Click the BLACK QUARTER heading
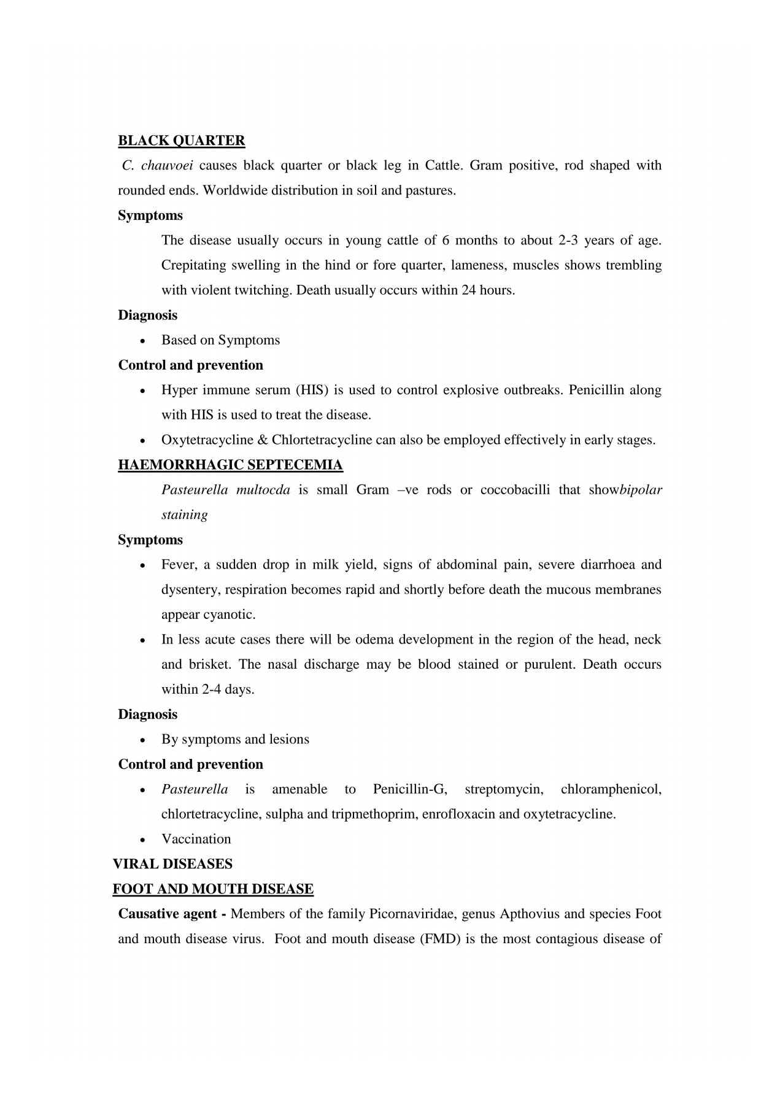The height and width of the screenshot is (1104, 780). [182, 141]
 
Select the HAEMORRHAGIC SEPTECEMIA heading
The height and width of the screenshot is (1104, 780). [230, 465]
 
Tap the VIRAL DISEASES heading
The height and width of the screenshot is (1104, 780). [172, 864]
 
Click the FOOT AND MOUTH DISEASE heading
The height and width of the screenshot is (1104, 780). [213, 889]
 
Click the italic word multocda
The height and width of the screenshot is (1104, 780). [263, 490]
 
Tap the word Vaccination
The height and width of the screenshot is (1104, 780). [196, 839]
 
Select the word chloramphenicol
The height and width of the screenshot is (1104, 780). [611, 789]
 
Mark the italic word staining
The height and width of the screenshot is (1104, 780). [185, 515]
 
